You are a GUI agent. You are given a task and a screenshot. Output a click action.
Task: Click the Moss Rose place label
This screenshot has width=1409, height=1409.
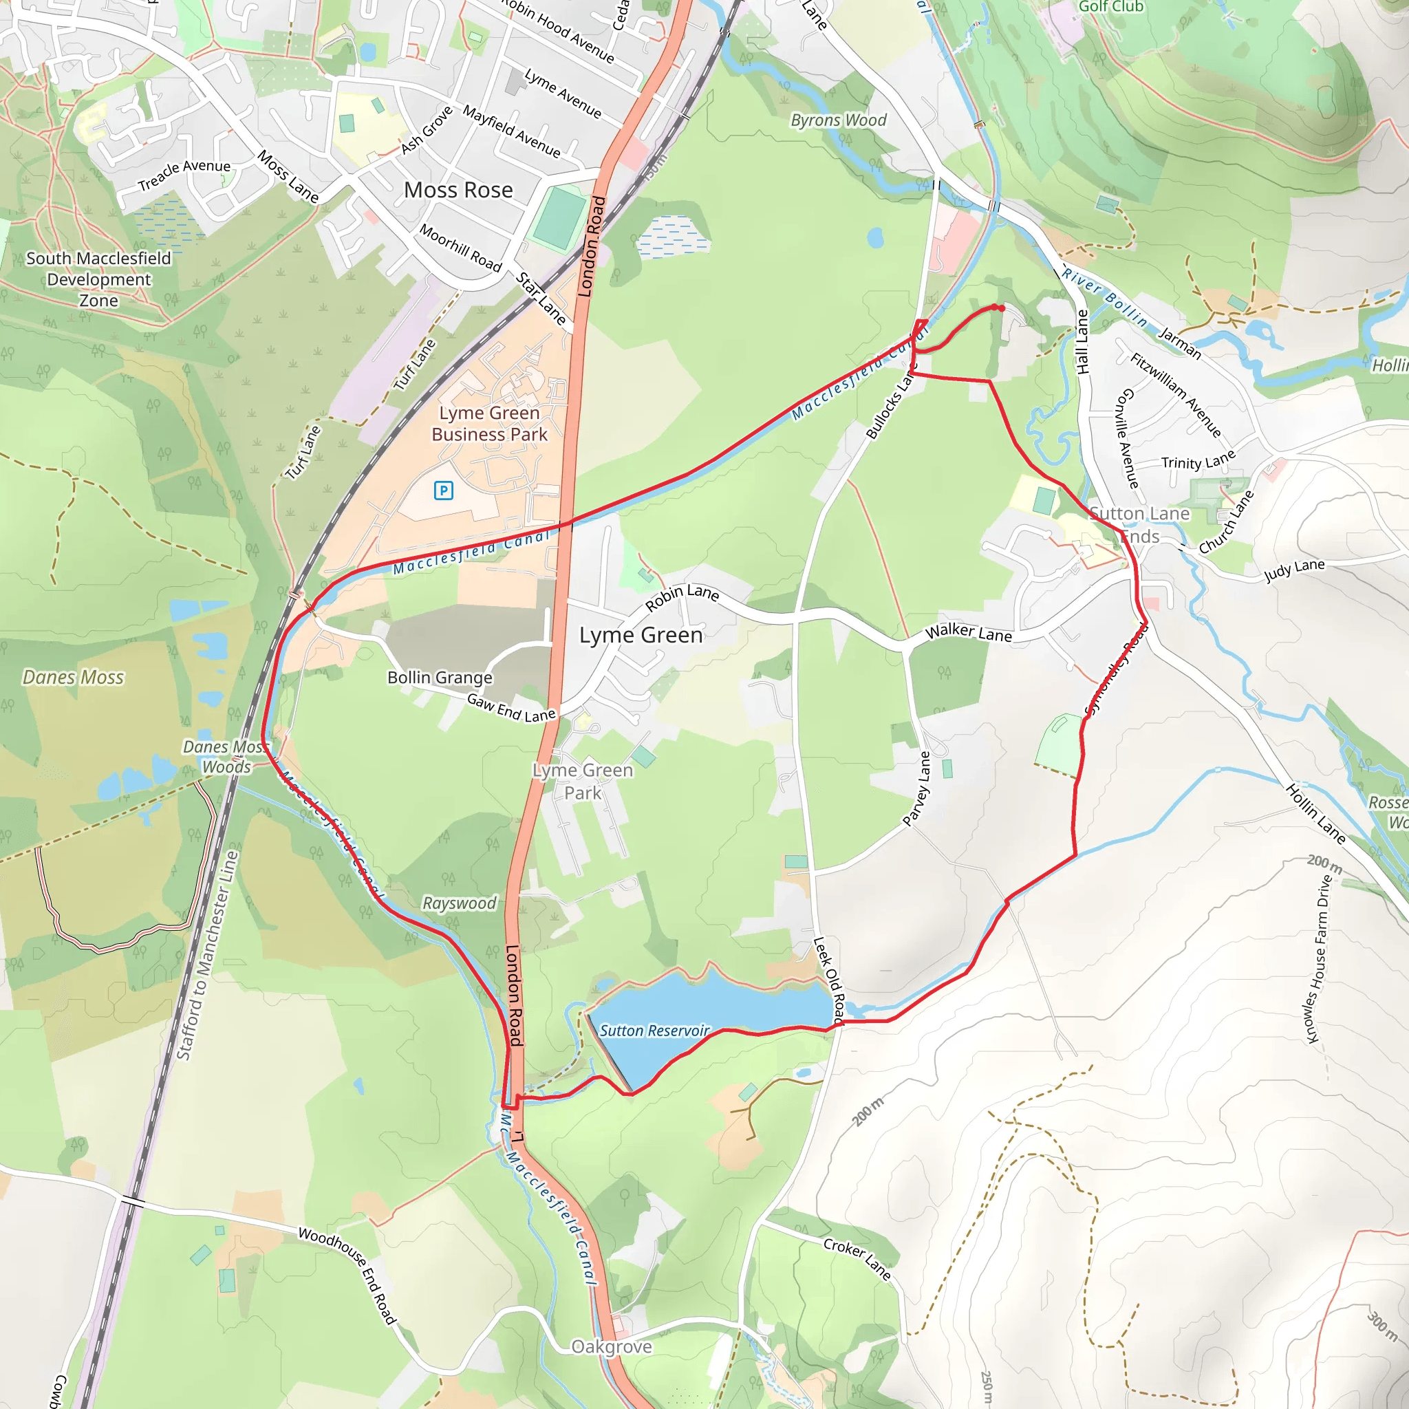point(458,191)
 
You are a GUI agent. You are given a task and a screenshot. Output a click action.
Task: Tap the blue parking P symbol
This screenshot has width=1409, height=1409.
point(444,491)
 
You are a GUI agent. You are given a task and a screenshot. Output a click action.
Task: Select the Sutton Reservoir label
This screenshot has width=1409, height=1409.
point(654,1031)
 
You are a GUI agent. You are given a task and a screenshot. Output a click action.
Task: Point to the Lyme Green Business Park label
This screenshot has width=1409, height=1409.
point(489,424)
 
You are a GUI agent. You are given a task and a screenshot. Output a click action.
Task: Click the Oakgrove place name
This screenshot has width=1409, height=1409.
point(611,1346)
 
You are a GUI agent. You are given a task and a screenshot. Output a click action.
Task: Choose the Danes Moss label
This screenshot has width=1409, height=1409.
point(73,678)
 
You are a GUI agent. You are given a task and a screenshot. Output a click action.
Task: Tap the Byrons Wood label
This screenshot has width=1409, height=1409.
point(839,120)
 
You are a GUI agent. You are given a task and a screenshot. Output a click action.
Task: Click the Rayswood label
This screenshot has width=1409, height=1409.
point(460,903)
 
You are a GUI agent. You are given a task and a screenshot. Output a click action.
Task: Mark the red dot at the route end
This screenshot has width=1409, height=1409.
point(1001,308)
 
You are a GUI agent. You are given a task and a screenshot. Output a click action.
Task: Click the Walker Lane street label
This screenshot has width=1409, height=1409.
point(969,632)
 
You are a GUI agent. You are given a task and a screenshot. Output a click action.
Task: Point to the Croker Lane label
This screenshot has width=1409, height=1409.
point(858,1258)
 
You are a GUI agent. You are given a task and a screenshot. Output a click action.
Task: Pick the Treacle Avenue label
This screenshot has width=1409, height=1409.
point(184,175)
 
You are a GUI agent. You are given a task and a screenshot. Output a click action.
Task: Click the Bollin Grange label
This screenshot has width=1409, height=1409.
point(440,678)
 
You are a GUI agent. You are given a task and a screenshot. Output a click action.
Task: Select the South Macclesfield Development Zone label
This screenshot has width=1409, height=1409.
point(98,279)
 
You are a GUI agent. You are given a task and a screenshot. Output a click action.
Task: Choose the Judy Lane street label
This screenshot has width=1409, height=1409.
point(1294,570)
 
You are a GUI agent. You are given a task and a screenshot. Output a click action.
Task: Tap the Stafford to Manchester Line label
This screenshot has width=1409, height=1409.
point(208,956)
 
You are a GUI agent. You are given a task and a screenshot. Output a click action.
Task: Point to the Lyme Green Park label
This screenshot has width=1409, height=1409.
point(583,781)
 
